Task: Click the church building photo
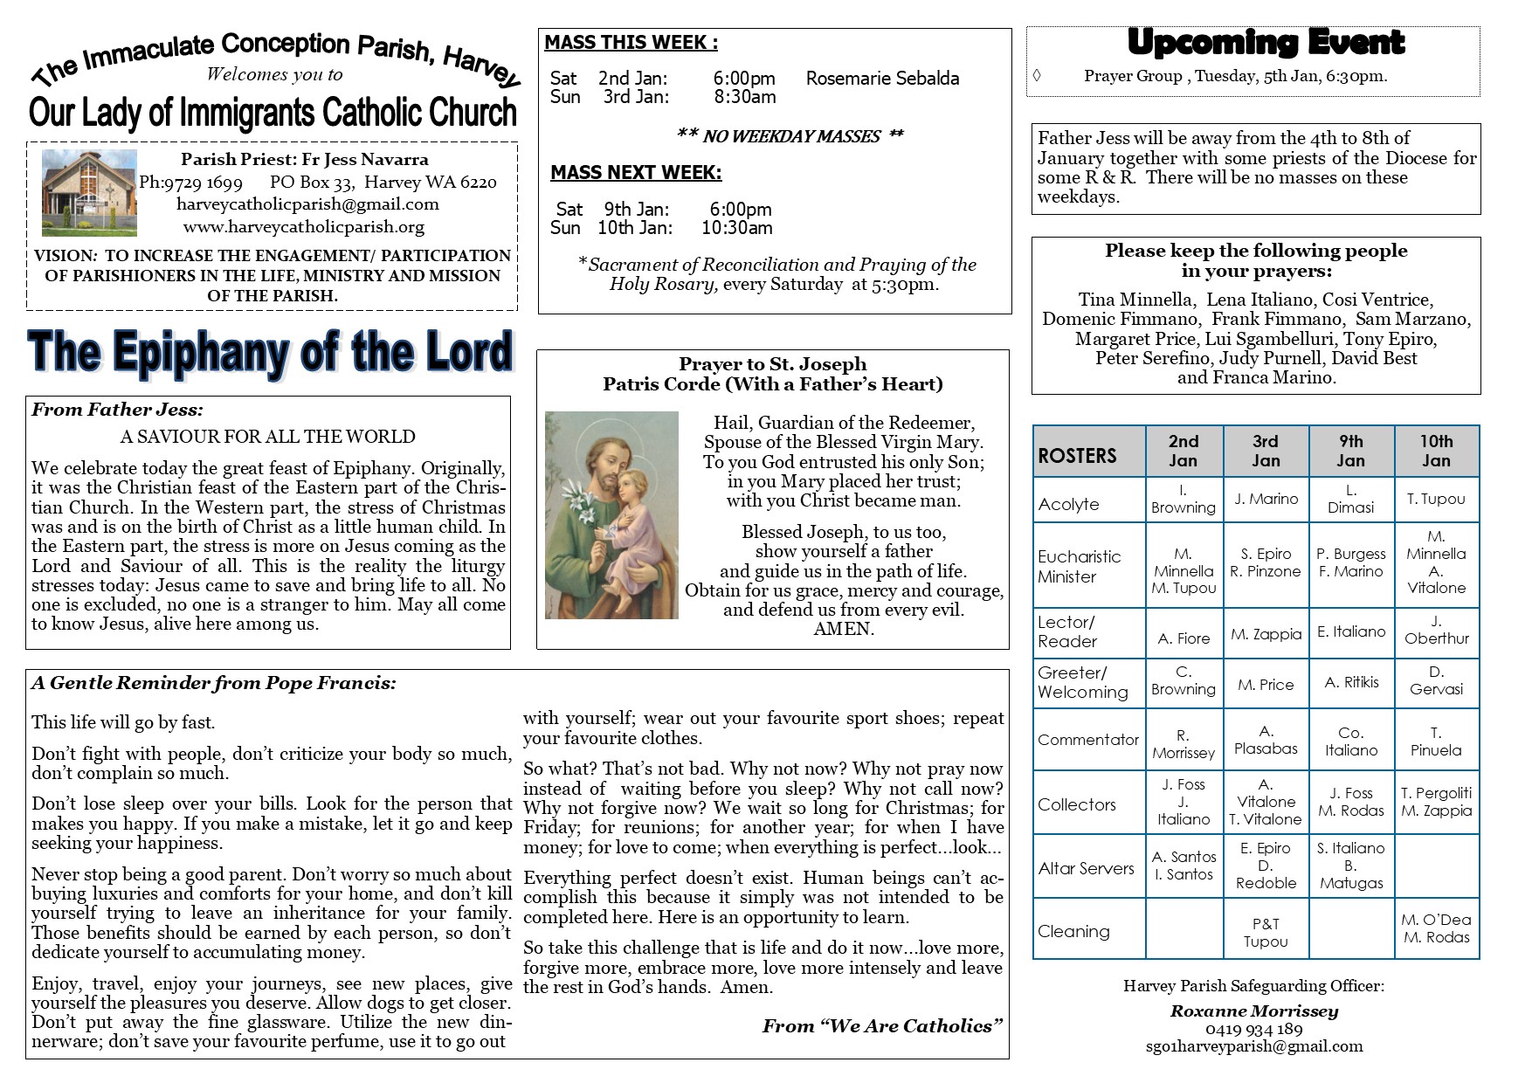tap(89, 192)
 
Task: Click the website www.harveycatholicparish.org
tap(304, 227)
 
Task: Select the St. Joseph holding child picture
tap(611, 515)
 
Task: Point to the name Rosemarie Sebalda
tap(882, 79)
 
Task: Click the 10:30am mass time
tap(736, 228)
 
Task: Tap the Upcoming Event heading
tap(1265, 42)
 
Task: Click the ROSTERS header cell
tap(1078, 455)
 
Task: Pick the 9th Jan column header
tap(1350, 451)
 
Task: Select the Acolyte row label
tap(1068, 504)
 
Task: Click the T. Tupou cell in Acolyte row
tap(1436, 499)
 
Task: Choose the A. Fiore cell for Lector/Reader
tap(1184, 638)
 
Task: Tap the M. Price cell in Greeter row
tap(1266, 685)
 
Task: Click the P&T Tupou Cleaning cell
tap(1266, 932)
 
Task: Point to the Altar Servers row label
tap(1086, 868)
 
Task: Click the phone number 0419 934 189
tap(1253, 1029)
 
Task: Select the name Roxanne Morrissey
tap(1254, 1011)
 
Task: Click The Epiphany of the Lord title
tap(271, 352)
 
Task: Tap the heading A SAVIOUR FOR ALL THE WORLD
tap(267, 437)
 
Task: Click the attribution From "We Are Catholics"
tap(882, 1026)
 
